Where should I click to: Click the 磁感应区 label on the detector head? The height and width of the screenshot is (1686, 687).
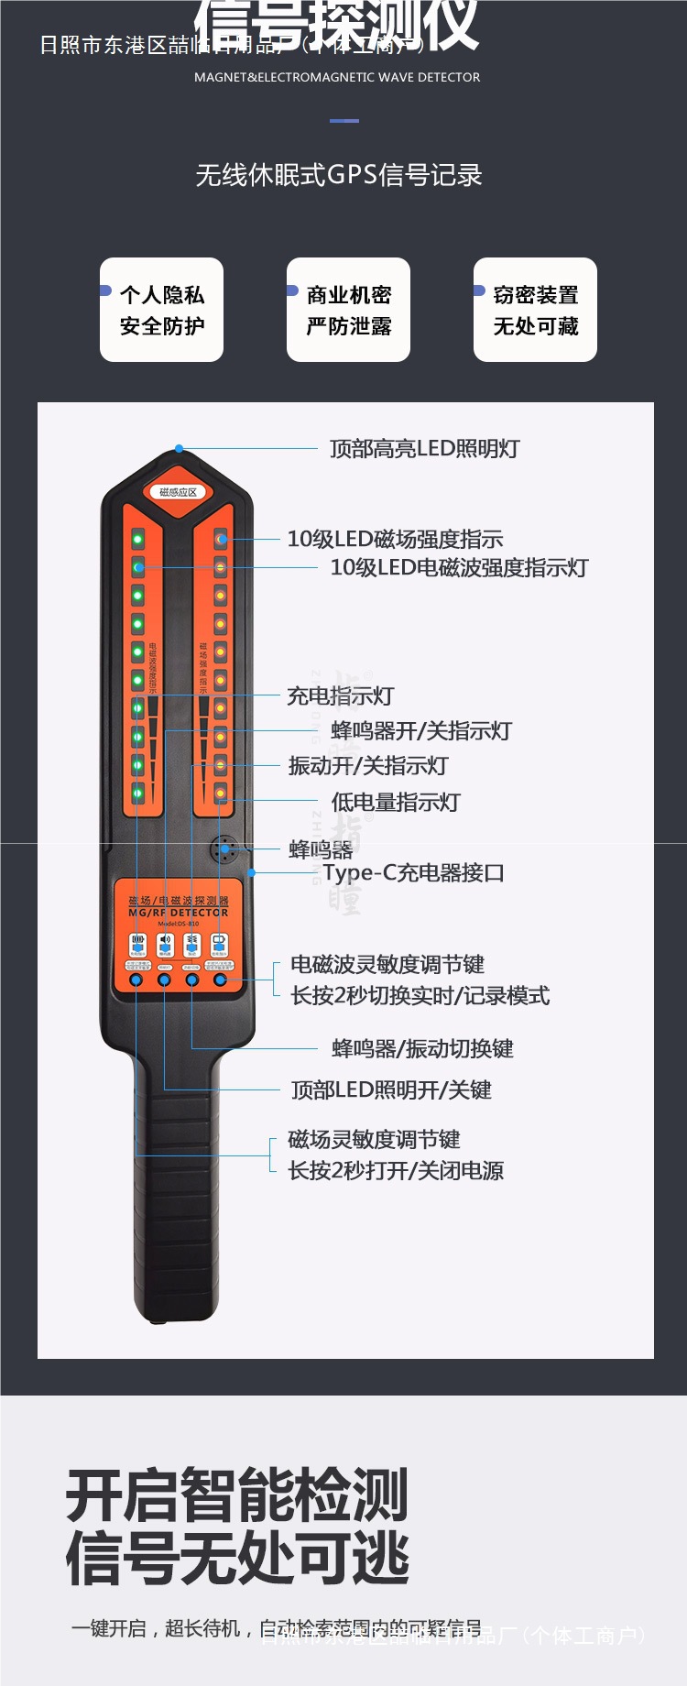(x=178, y=492)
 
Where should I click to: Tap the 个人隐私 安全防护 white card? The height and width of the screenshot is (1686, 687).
(x=161, y=310)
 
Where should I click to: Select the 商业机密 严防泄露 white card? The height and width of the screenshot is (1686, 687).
(x=348, y=310)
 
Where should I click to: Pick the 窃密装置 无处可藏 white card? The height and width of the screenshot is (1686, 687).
(x=535, y=310)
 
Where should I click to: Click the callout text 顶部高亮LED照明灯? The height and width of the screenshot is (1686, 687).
(x=424, y=449)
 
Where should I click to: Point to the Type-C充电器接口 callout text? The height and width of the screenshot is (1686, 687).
(x=413, y=872)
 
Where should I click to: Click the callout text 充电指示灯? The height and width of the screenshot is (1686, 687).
(x=340, y=695)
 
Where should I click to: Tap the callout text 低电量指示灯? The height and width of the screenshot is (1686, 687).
(x=395, y=802)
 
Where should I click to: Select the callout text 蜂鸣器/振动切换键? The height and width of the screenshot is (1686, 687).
(x=421, y=1048)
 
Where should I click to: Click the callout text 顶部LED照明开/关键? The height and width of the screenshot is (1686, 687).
(x=391, y=1089)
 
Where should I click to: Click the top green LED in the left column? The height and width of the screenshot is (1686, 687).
(x=137, y=538)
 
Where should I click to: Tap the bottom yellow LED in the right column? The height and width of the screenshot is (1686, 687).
(x=220, y=793)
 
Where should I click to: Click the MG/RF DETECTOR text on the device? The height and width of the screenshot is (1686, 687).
(x=179, y=913)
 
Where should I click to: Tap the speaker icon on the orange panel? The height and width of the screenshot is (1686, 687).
(x=165, y=942)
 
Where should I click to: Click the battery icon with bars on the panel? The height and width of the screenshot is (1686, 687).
(x=137, y=942)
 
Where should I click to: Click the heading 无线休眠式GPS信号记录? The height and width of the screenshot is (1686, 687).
(x=339, y=175)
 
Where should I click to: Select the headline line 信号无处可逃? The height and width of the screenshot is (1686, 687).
(x=237, y=1559)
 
